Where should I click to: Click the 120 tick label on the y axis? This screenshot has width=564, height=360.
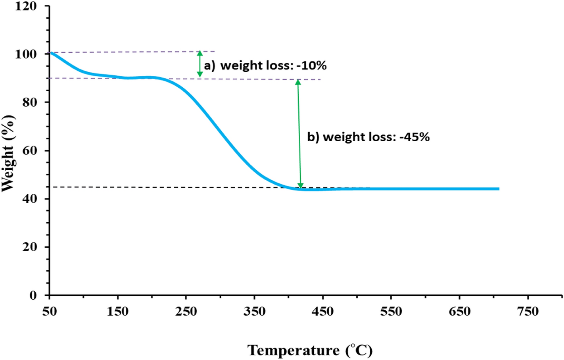tap(26, 6)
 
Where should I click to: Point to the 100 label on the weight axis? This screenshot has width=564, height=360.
tap(26, 54)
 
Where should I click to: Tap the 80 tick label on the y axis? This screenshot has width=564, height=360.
tap(29, 102)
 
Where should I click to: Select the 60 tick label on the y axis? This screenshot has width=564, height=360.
tap(29, 150)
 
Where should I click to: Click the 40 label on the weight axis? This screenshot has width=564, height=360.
tap(29, 199)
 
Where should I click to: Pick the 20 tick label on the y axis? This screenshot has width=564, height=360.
tap(29, 247)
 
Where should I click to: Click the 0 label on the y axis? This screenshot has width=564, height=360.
tap(33, 295)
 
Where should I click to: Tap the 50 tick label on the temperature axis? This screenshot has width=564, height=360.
tap(50, 312)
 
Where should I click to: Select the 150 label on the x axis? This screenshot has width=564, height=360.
tap(118, 312)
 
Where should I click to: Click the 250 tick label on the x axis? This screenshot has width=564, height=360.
tap(186, 312)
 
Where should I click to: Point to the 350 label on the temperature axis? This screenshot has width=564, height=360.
tap(254, 312)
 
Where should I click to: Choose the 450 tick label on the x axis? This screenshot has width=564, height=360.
tap(322, 312)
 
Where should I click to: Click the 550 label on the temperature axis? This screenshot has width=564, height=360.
tap(391, 312)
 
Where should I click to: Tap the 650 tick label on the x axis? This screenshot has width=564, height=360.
tap(459, 312)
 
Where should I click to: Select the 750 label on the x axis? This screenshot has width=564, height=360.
tap(528, 312)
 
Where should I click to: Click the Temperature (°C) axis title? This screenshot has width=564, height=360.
tap(310, 350)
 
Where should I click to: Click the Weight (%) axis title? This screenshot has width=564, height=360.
tap(8, 153)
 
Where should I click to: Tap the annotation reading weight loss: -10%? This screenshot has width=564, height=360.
tap(265, 65)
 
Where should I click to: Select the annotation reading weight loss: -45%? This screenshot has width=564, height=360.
tap(368, 137)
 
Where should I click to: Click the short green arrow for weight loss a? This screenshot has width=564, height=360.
tap(200, 64)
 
